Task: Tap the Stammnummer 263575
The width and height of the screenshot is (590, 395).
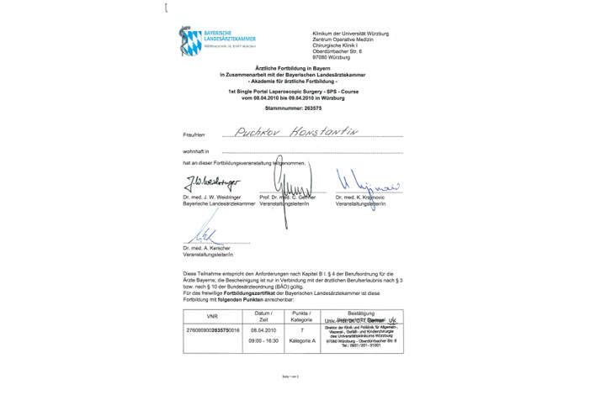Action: point(295,108)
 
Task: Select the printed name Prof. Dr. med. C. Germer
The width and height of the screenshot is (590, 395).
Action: point(286,197)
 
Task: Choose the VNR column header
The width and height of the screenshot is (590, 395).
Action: point(211,317)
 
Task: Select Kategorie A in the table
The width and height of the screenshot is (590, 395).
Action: point(302,342)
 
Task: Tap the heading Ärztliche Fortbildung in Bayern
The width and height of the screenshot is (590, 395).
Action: point(295,69)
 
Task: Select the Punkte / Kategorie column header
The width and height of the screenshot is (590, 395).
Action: point(302,317)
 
